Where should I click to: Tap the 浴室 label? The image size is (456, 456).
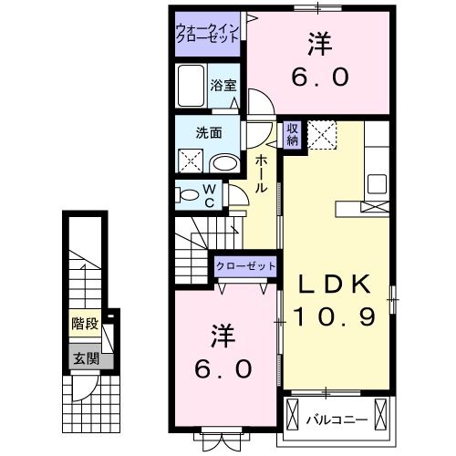click(223, 87)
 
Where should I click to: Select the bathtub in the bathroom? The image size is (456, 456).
click(192, 90)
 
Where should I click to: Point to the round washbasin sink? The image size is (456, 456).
click(223, 163)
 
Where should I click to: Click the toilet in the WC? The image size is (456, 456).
click(189, 194)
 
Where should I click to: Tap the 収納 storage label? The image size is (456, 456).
click(293, 134)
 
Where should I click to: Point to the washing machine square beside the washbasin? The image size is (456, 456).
click(192, 161)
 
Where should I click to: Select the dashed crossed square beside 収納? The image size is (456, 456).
click(322, 135)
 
